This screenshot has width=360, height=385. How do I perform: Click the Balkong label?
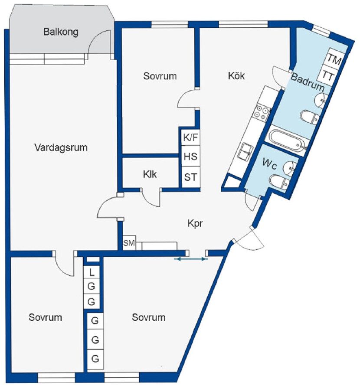coord(61,32)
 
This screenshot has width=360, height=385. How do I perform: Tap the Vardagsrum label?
coord(61,147)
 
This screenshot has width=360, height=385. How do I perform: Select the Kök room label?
coord(236,75)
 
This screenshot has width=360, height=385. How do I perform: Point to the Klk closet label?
coord(150,174)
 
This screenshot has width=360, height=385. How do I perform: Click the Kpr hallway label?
coord(195,224)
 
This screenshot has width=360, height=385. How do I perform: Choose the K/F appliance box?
coord(190,137)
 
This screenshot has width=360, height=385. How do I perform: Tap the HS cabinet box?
coord(190,157)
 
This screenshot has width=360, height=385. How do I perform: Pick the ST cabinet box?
coord(190,177)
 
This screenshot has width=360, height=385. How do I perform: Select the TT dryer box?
coord(327,75)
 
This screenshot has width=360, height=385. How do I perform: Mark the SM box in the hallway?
coord(129,243)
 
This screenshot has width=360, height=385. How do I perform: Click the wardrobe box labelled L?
coord(92,272)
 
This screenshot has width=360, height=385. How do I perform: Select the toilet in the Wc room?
coord(279,182)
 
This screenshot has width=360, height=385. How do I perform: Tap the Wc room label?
coord(270,164)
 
